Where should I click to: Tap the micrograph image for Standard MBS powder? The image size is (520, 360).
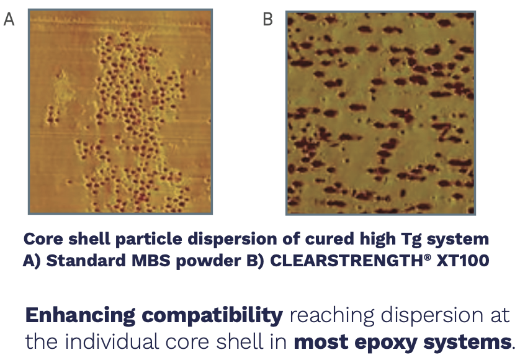120,112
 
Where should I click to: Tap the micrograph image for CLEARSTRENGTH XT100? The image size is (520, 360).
381,113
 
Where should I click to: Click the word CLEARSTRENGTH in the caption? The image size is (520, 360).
346,261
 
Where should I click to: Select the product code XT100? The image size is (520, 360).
463,261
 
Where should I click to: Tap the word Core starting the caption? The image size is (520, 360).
43,239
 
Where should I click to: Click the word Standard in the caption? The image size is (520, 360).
86,261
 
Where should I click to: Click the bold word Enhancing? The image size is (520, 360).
80,316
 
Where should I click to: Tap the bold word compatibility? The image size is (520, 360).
212,316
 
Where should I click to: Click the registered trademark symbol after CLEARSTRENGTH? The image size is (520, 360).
428,256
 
